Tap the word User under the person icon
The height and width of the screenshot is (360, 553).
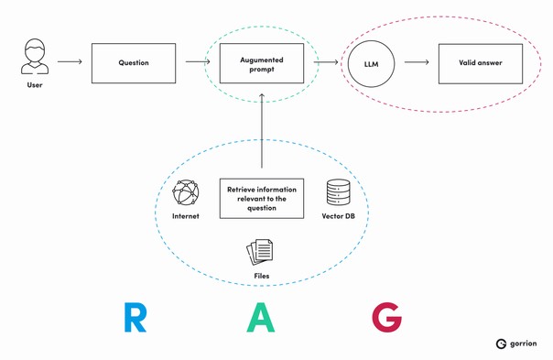click(x=34, y=86)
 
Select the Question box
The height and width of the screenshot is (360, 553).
click(x=134, y=63)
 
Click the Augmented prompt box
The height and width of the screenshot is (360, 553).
click(x=262, y=63)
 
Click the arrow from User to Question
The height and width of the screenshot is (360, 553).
click(x=70, y=63)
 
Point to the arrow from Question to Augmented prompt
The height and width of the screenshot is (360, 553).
click(x=194, y=63)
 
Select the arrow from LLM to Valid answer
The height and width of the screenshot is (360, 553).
click(x=417, y=63)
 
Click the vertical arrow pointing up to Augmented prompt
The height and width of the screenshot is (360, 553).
click(x=262, y=128)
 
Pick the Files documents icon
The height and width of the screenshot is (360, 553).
click(x=259, y=250)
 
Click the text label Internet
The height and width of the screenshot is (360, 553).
click(x=186, y=218)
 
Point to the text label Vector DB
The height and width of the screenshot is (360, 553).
click(x=339, y=218)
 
